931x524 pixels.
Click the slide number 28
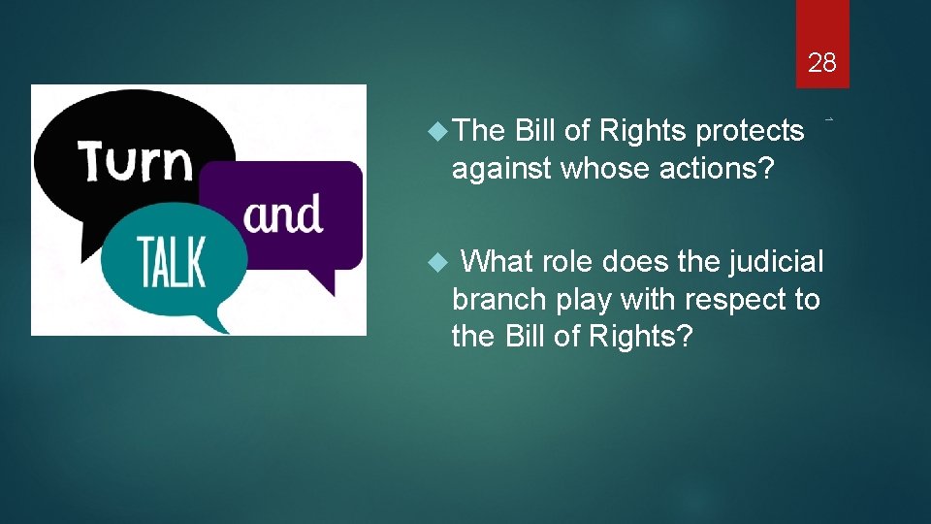tap(821, 64)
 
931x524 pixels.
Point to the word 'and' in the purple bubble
tap(283, 213)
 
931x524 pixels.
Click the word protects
tap(751, 131)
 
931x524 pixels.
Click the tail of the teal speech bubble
tap(221, 321)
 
